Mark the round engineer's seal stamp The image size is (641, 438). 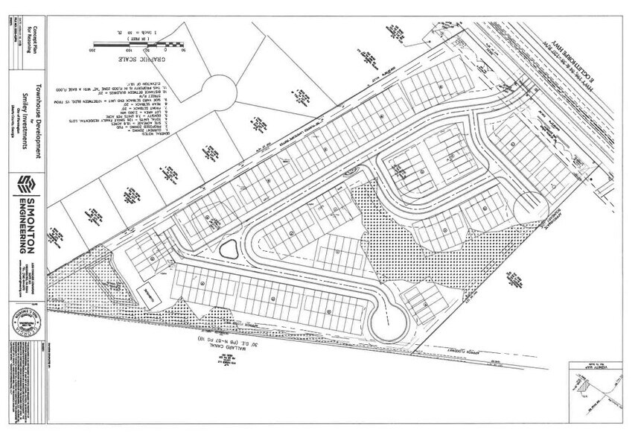tap(27, 325)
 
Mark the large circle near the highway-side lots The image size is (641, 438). tap(530, 203)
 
